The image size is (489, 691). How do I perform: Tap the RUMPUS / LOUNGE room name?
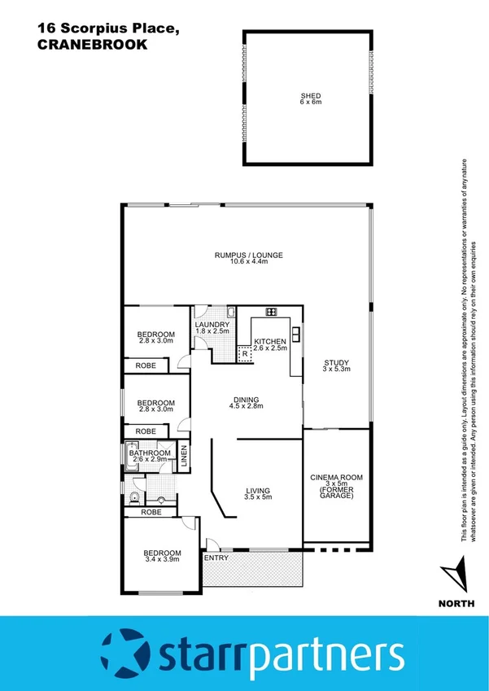pyautogui.click(x=248, y=255)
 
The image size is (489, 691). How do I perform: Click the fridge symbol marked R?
pyautogui.click(x=243, y=354)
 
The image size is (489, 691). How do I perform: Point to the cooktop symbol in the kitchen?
pyautogui.click(x=270, y=312)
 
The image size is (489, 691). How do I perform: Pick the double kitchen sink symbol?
pyautogui.click(x=296, y=332)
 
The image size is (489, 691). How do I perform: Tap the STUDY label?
pyautogui.click(x=334, y=364)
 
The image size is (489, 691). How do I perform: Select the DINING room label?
pyautogui.click(x=246, y=400)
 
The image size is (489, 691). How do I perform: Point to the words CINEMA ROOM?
pyautogui.click(x=336, y=477)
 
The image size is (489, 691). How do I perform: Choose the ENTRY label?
pyautogui.click(x=216, y=558)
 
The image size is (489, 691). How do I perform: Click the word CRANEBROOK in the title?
pyautogui.click(x=92, y=46)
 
